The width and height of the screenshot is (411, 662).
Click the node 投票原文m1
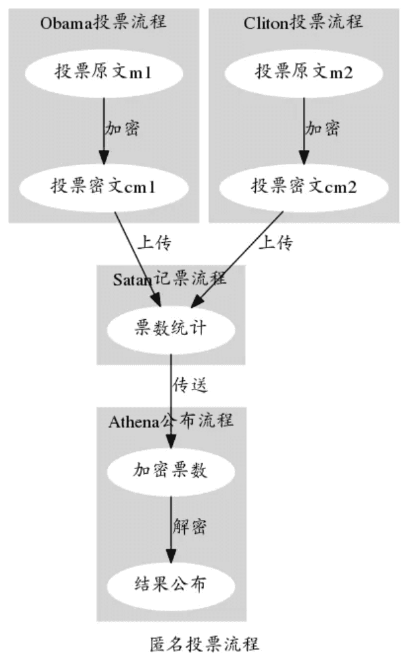[104, 72]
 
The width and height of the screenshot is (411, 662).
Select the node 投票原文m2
[303, 72]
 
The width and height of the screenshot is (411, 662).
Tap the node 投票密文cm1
[104, 187]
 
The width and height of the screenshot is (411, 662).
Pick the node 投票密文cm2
[303, 187]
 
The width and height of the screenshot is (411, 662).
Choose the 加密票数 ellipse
[171, 470]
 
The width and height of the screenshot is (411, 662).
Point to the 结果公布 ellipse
[171, 584]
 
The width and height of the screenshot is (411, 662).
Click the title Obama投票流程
[104, 22]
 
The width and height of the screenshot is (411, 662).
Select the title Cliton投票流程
[303, 22]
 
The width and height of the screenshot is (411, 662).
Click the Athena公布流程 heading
[171, 420]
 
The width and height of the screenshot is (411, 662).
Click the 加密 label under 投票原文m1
[122, 128]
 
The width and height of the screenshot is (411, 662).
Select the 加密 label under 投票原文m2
[322, 128]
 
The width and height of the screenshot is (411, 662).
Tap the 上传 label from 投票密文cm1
[154, 243]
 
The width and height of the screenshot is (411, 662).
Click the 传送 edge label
[190, 384]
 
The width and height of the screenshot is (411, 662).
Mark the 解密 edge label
[190, 526]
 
